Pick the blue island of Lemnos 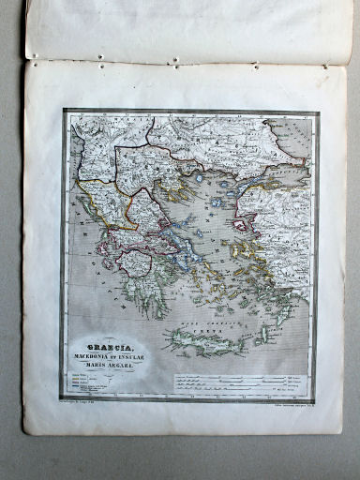[x=218, y=201]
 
